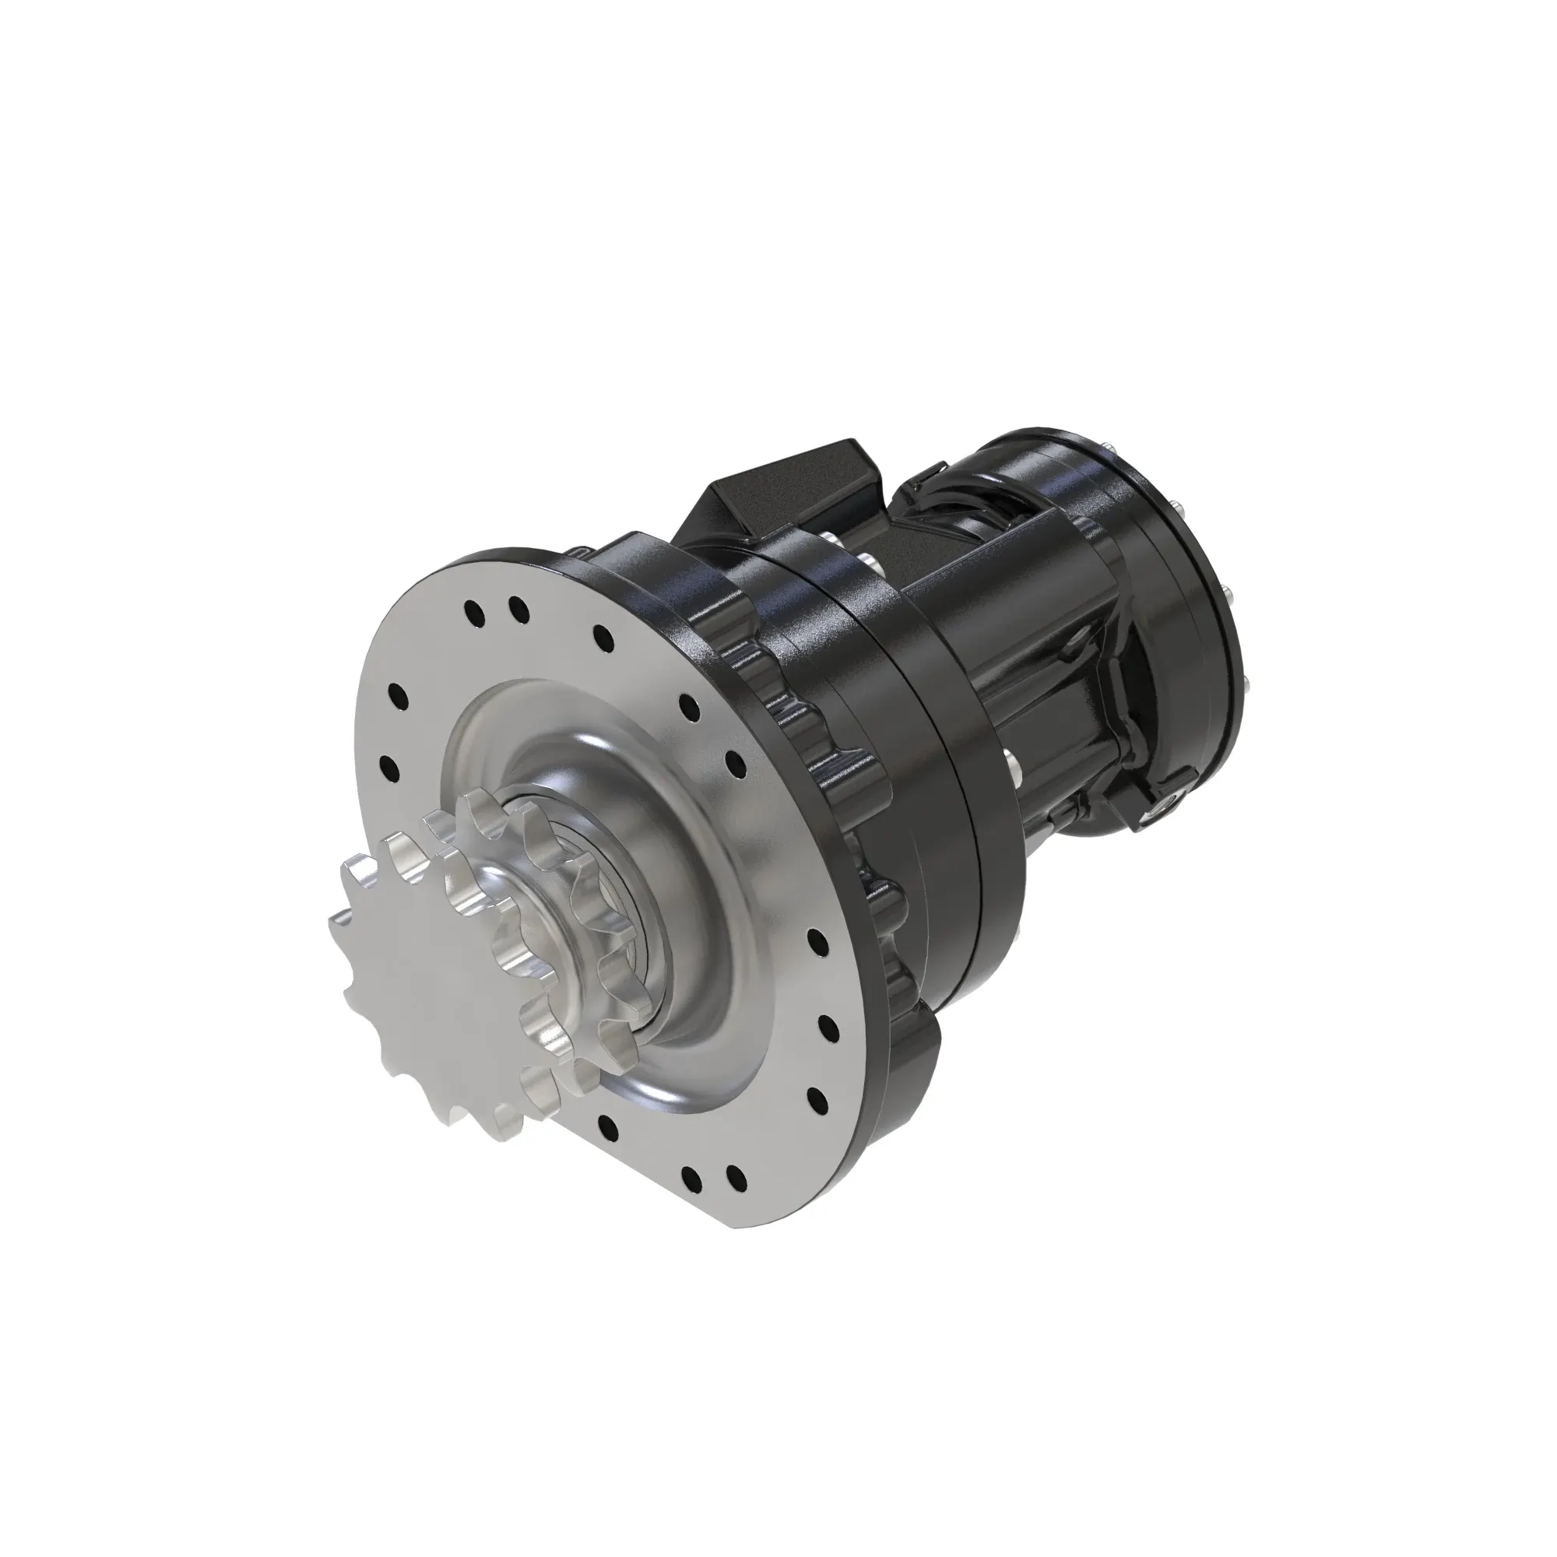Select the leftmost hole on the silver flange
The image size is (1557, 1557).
coord(388,765)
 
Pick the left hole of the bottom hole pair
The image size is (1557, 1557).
coord(691,1176)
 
